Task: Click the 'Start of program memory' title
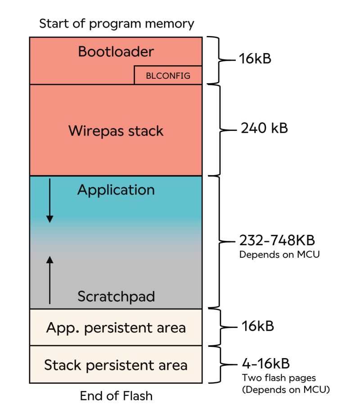tap(116, 23)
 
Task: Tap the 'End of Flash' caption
tap(116, 396)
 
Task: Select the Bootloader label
tap(116, 52)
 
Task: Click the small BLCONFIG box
tap(168, 76)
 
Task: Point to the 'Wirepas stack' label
tap(116, 131)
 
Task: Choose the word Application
tap(116, 190)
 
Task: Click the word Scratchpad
tap(116, 296)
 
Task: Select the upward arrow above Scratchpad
tap(50, 279)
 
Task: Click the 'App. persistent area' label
tap(116, 328)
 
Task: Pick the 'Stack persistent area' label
tap(116, 365)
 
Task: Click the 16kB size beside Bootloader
tap(256, 59)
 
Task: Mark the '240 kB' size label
tap(264, 128)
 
